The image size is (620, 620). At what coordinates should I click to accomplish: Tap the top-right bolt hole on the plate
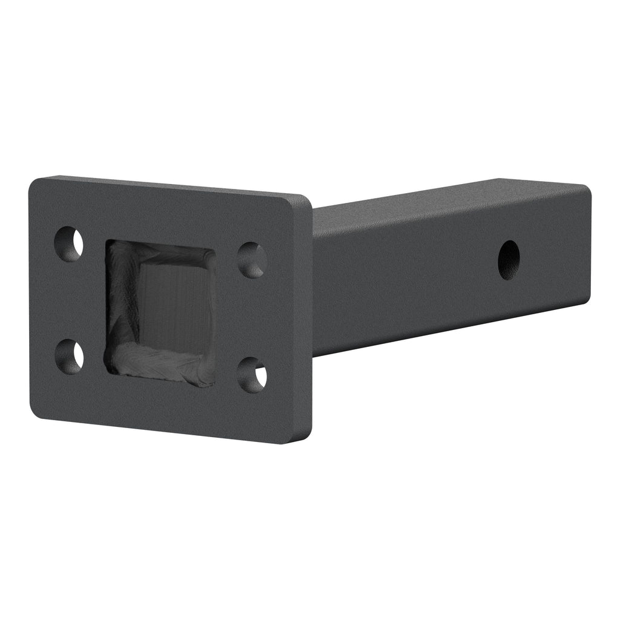[252, 260]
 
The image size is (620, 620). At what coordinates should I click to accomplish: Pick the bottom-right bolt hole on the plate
[252, 374]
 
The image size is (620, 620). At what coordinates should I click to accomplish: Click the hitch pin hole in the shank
[509, 260]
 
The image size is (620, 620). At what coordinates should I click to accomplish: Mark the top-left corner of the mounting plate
[33, 181]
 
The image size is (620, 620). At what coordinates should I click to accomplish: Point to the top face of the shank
[448, 193]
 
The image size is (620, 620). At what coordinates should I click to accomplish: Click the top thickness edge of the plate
[170, 185]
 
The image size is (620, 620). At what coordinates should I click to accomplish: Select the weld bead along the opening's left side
[115, 303]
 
